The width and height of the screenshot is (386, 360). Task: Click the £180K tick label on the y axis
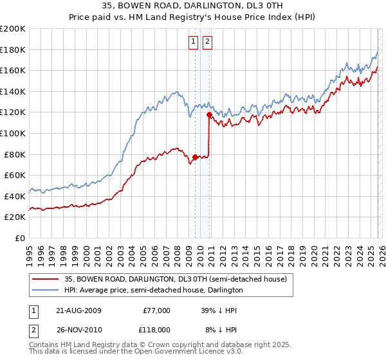pos(13,50)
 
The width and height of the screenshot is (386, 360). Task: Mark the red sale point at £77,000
pos(195,156)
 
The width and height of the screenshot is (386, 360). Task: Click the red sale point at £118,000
pos(209,114)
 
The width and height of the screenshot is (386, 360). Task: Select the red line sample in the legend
pos(45,279)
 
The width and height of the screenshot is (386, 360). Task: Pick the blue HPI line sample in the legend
pos(45,291)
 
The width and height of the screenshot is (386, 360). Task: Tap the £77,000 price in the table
pos(157,310)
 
